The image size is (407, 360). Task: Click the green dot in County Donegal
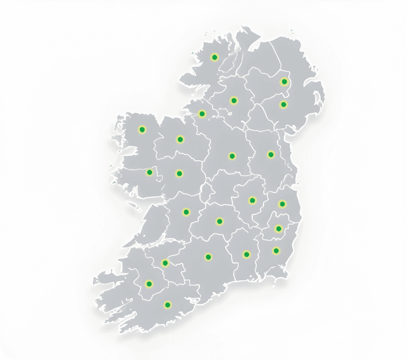[214, 57]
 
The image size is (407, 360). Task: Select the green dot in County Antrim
[284, 81]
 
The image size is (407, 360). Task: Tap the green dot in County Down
[283, 104]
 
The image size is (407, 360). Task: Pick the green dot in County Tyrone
[234, 101]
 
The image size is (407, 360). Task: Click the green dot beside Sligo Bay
[202, 113]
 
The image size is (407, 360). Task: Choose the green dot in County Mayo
[142, 130]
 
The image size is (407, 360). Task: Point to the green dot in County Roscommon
[180, 139]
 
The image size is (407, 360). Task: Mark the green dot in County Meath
[270, 154]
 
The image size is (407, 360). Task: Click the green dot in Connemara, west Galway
[149, 172]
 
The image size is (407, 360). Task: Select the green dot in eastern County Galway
[179, 174]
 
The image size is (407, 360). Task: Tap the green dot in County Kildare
[252, 200]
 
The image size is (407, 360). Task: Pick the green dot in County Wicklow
[282, 204]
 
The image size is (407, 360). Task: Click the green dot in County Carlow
[278, 228]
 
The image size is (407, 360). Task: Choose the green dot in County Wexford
[276, 250]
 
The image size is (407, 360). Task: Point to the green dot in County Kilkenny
[246, 255]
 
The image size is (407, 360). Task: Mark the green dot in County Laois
[219, 221]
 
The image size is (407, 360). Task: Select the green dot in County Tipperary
[208, 257]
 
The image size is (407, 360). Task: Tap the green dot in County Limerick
[165, 263]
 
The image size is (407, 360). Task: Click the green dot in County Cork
[167, 304]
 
